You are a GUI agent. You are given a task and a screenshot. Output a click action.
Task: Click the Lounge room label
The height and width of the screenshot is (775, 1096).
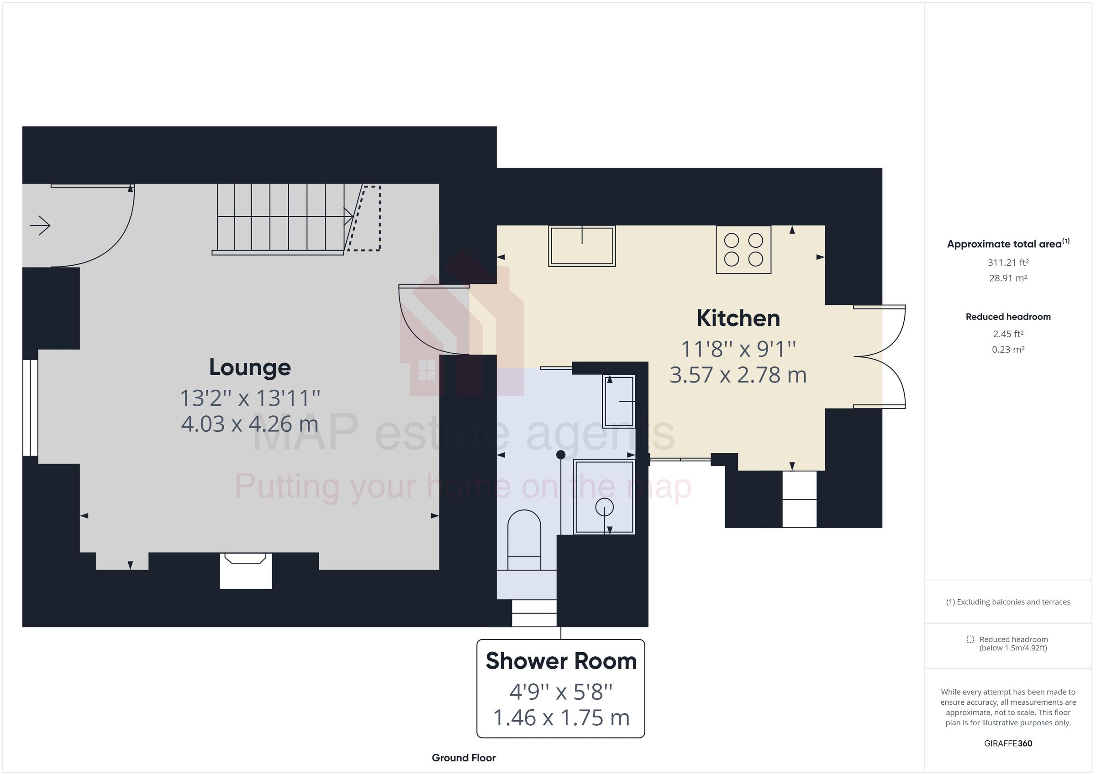[250, 367]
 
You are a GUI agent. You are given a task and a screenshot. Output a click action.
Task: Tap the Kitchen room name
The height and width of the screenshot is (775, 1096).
[738, 318]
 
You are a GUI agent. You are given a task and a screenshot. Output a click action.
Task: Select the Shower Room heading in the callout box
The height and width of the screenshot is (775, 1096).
[561, 661]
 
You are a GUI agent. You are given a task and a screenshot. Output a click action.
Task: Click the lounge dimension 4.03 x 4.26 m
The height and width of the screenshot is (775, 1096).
[250, 424]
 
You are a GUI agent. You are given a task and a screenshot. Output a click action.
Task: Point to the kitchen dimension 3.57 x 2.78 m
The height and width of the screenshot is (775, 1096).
[738, 375]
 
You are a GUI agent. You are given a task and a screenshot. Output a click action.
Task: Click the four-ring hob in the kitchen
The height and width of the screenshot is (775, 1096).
[743, 250]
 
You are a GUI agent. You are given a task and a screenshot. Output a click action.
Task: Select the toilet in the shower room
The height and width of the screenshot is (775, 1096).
[524, 539]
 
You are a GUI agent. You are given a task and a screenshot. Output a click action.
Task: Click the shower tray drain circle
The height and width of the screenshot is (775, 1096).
[604, 507]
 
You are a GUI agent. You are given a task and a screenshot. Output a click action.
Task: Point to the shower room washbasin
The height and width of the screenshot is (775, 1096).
[619, 401]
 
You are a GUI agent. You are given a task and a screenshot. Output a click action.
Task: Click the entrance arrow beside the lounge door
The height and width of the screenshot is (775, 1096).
[41, 226]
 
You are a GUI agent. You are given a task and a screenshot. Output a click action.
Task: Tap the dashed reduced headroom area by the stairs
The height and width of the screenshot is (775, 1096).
[367, 218]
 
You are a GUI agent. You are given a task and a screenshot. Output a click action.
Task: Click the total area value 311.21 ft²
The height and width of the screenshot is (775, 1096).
[1008, 262]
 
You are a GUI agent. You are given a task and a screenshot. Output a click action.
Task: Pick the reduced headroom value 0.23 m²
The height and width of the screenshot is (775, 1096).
[1008, 350]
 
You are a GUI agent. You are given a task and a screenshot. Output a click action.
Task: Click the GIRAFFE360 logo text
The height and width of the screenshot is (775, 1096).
[1008, 744]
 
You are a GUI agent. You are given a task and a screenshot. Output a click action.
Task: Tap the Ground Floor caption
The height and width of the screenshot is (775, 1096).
[464, 758]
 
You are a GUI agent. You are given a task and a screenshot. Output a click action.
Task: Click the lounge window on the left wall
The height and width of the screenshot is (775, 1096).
[30, 408]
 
